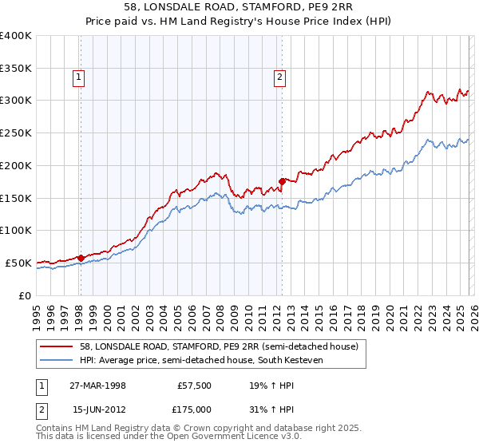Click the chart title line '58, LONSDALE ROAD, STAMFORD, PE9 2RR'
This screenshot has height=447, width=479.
tap(239, 6)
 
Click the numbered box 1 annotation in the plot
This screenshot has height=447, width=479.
tap(80, 77)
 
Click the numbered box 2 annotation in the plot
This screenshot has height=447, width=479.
tap(280, 77)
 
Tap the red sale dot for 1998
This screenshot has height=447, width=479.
tap(81, 258)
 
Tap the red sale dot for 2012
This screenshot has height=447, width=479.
tap(282, 181)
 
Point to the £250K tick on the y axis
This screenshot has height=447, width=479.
tap(16, 133)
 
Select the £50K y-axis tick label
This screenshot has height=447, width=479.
tap(18, 263)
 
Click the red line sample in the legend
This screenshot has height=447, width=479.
tap(56, 346)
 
